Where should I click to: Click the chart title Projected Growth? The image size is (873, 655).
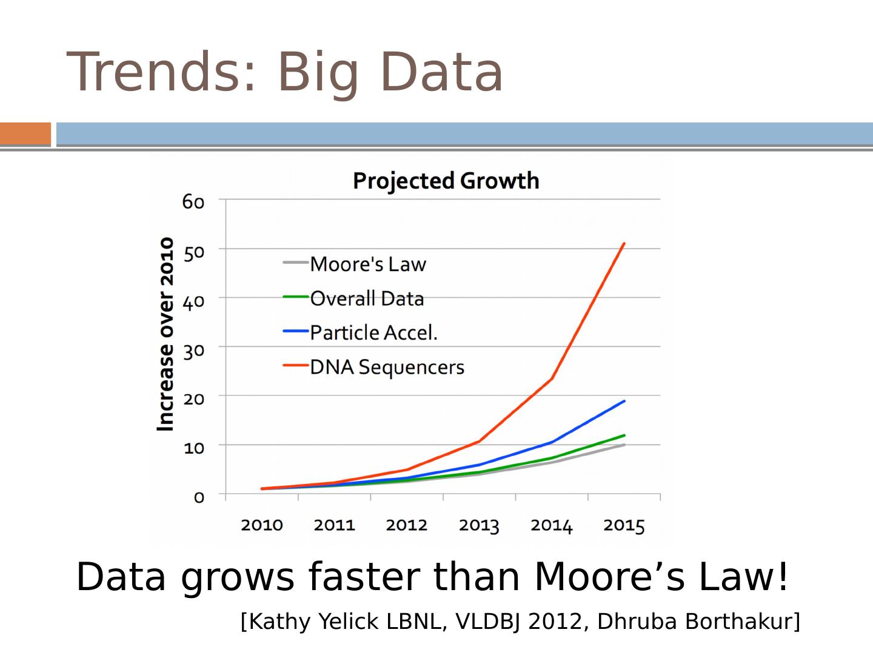pyautogui.click(x=446, y=181)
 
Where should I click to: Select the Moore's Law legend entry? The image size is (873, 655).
pyautogui.click(x=367, y=264)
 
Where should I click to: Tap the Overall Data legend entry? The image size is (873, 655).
pyautogui.click(x=366, y=298)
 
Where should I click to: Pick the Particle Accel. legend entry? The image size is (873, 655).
pyautogui.click(x=373, y=332)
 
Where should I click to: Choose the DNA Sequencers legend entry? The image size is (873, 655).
pyautogui.click(x=386, y=367)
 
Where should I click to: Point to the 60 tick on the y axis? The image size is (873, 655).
pyautogui.click(x=193, y=201)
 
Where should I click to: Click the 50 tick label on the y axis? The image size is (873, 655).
pyautogui.click(x=193, y=252)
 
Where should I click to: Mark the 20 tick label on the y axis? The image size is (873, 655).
pyautogui.click(x=193, y=398)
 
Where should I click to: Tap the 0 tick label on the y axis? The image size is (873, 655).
pyautogui.click(x=199, y=497)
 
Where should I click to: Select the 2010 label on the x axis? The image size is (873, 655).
pyautogui.click(x=262, y=525)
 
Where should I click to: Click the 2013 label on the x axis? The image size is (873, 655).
pyautogui.click(x=479, y=525)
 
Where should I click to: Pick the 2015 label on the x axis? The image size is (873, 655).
pyautogui.click(x=624, y=525)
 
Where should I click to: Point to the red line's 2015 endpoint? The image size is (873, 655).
pyautogui.click(x=624, y=244)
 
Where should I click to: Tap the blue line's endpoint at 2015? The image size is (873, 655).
pyautogui.click(x=624, y=401)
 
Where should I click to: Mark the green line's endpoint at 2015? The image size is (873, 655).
pyautogui.click(x=624, y=435)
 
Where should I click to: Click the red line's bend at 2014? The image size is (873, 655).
pyautogui.click(x=552, y=379)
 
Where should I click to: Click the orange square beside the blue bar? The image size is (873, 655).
pyautogui.click(x=25, y=134)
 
